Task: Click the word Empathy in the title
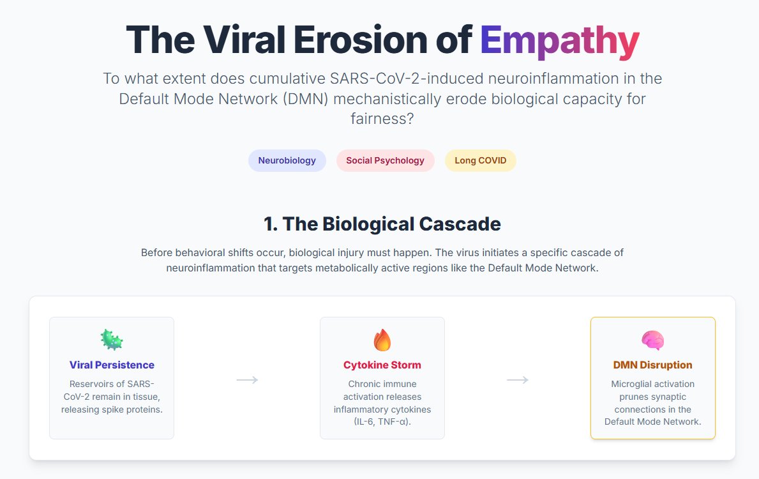click(x=559, y=40)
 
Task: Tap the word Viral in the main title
click(x=243, y=40)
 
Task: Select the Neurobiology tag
click(x=287, y=161)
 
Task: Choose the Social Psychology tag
click(x=385, y=161)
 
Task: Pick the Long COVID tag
click(x=480, y=161)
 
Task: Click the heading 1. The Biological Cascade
click(x=382, y=224)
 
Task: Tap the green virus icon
click(x=112, y=340)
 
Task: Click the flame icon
click(x=382, y=340)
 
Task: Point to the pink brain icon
click(x=652, y=340)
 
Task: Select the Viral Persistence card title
click(x=112, y=365)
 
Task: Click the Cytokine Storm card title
click(x=382, y=365)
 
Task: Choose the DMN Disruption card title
click(x=652, y=365)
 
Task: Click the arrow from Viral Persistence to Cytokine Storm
click(x=247, y=380)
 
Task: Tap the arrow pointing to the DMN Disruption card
click(x=518, y=380)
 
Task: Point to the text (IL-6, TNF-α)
click(x=382, y=422)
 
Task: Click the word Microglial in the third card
click(x=634, y=384)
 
